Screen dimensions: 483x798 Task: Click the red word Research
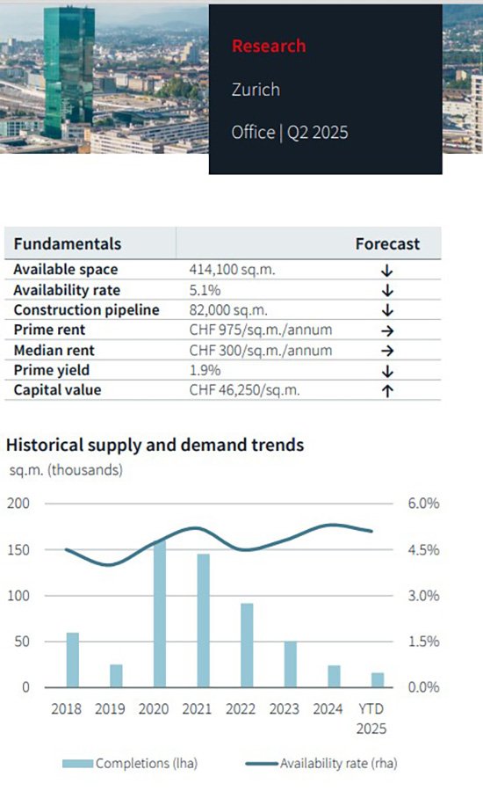(x=269, y=46)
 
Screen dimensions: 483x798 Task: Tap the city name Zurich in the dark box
(x=256, y=90)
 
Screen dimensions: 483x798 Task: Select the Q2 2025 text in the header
(x=318, y=133)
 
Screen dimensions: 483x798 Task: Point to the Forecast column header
(x=387, y=243)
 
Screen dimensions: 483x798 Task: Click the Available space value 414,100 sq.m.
(x=232, y=269)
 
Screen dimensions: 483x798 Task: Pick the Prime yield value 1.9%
(x=205, y=370)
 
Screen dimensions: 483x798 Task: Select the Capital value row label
(x=57, y=390)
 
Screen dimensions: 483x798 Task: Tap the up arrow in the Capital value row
(x=387, y=391)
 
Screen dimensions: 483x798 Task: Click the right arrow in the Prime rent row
(x=387, y=330)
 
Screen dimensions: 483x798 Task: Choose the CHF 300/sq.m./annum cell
(x=261, y=350)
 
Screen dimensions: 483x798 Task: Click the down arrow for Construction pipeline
(x=387, y=310)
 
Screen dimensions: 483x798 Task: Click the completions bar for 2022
(x=247, y=645)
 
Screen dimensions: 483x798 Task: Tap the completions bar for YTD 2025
(x=378, y=680)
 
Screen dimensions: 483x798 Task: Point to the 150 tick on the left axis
(x=18, y=549)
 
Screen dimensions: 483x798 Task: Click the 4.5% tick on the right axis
(x=423, y=549)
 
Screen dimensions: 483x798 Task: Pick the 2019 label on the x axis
(x=110, y=708)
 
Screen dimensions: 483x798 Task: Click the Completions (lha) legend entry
(x=130, y=763)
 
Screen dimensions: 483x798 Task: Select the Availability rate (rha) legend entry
(x=321, y=763)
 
